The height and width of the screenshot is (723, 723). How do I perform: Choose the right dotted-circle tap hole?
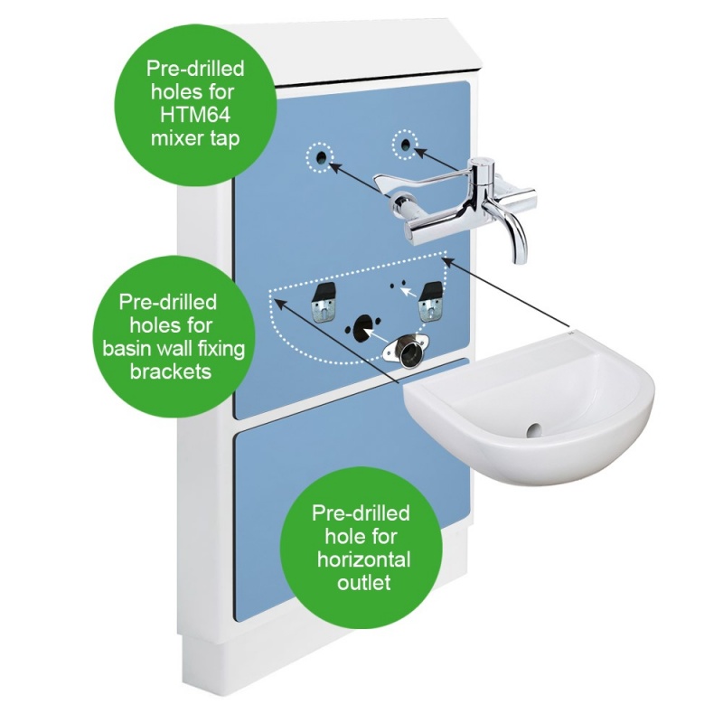(405, 143)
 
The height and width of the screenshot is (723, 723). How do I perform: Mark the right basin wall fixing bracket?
(430, 301)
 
